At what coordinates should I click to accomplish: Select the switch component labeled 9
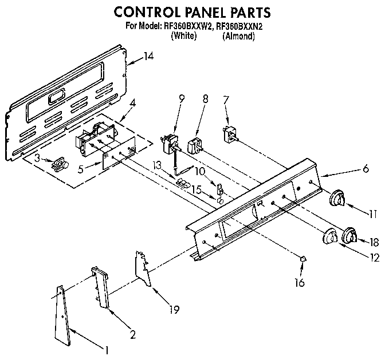coord(170,143)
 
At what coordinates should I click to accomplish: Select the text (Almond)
coord(238,35)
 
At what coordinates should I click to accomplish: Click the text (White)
coord(184,35)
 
